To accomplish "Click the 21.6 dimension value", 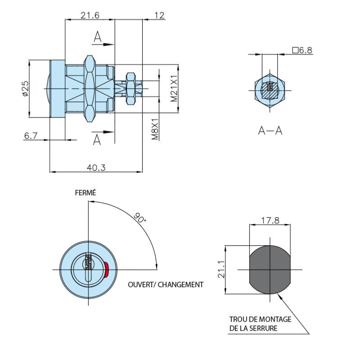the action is click(x=90, y=15).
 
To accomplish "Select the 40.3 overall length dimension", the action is click(x=96, y=167).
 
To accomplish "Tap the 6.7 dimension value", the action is click(x=31, y=135).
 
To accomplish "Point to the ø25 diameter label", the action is click(x=25, y=89).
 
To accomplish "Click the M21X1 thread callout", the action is click(x=174, y=88).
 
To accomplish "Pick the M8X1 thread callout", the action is click(x=155, y=129).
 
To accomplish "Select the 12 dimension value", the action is click(x=159, y=15).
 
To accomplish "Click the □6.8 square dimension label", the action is click(x=302, y=50).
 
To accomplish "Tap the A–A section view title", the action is click(x=270, y=130).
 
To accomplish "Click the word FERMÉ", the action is click(x=85, y=193).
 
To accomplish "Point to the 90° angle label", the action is click(x=140, y=217).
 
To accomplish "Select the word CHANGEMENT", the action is click(x=181, y=285).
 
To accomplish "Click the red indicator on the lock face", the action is click(x=106, y=270).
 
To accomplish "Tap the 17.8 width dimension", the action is click(x=270, y=220).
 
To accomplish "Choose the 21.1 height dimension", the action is click(x=221, y=269).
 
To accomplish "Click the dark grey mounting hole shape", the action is click(x=270, y=270).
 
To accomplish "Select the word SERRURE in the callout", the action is click(x=263, y=328).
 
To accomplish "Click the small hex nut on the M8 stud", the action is click(x=130, y=89).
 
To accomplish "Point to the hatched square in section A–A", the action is click(x=270, y=90).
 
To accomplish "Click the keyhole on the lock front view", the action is click(x=88, y=267).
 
